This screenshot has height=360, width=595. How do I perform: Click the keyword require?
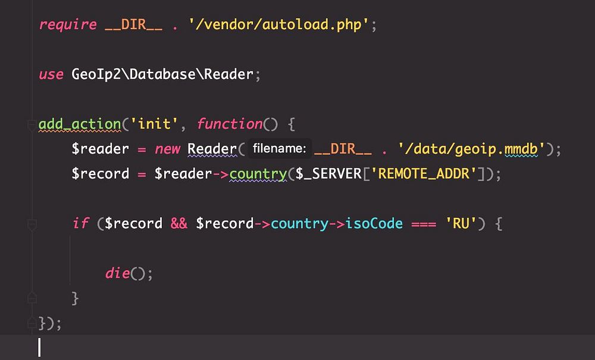68,25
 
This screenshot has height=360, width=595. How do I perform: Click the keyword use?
51,75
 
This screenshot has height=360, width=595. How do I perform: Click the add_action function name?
80,124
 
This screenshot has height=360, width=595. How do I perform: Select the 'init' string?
156,124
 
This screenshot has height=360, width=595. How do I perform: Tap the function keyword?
230,124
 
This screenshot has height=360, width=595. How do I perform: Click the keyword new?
168,149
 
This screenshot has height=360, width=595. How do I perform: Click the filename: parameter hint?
279,149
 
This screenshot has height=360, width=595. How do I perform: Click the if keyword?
80,224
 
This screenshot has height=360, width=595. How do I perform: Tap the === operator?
424,224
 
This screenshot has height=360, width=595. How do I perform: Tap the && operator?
179,224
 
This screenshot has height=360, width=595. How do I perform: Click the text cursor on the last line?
40,348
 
